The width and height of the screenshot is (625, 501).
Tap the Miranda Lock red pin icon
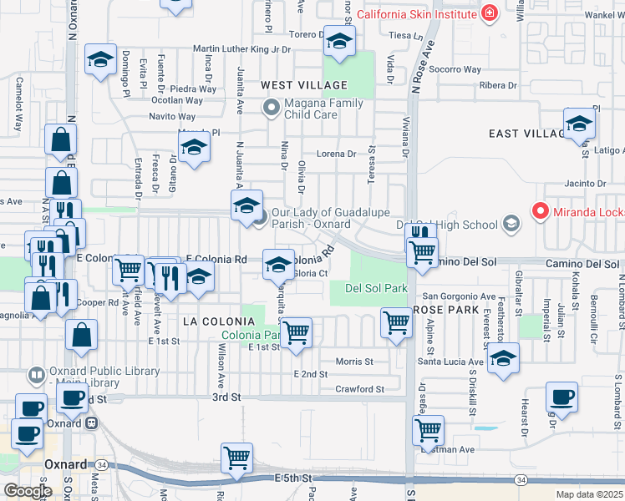point(540,213)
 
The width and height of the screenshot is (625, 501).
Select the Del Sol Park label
point(375,288)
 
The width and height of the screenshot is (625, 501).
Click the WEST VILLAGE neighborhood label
point(303,85)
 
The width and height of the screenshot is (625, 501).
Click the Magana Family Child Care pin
point(271,108)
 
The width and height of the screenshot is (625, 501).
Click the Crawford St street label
point(358,389)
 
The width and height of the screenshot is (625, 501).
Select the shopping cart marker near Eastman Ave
point(428,430)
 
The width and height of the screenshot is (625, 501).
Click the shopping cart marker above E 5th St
point(236,458)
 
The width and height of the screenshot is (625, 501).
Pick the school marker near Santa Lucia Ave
point(502,360)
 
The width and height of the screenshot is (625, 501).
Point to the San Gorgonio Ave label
point(459,296)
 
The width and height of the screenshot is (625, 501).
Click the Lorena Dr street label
point(336,154)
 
